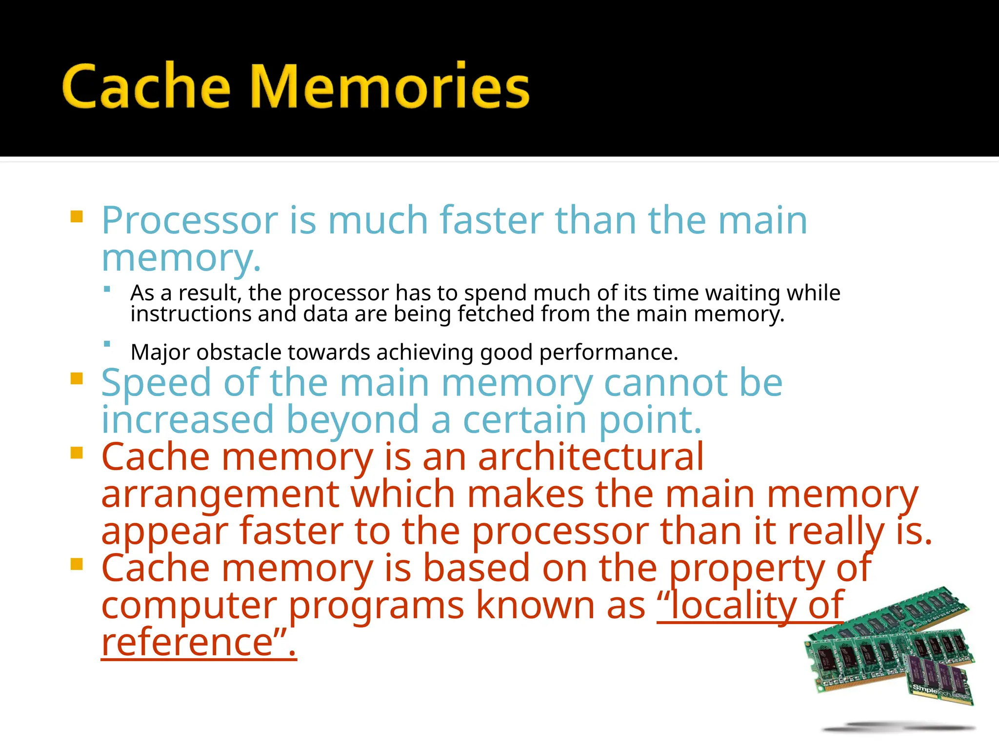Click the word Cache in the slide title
146,86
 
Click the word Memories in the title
390,86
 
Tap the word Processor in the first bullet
189,221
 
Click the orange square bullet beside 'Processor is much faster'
77,216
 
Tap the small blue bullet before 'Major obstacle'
107,344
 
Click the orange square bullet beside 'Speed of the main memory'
77,378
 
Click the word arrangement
220,494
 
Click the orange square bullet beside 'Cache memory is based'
77,564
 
